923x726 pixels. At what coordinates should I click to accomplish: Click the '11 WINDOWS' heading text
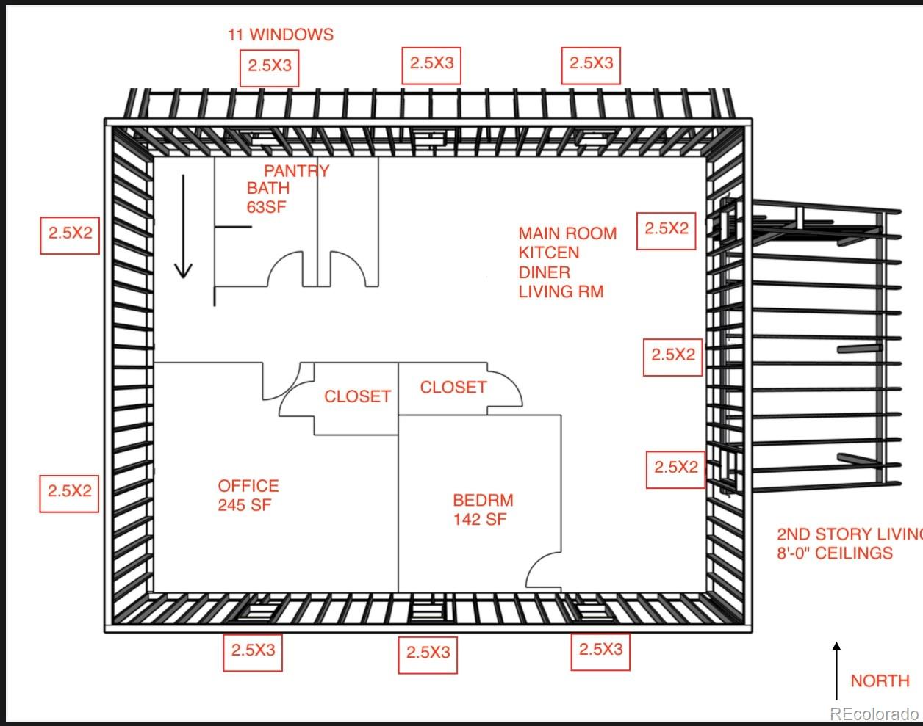tap(280, 35)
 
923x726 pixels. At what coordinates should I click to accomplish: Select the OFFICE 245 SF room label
tap(248, 496)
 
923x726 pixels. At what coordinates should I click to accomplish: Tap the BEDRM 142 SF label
tap(483, 510)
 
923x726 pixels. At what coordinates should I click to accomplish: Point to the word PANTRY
tap(297, 171)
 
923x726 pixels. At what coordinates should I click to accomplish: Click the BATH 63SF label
tap(267, 197)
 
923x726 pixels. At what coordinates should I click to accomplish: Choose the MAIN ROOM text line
tap(567, 233)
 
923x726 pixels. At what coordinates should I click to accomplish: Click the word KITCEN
tap(549, 253)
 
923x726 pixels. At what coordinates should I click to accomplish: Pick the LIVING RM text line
tap(561, 291)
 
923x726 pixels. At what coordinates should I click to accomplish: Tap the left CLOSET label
tap(357, 396)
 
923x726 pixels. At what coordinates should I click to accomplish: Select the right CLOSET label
tap(453, 387)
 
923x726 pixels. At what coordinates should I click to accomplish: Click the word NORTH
tap(880, 681)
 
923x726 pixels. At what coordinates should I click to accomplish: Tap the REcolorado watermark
tap(874, 713)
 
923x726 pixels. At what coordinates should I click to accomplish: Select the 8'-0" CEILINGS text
tap(835, 553)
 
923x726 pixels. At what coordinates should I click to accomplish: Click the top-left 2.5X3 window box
tap(270, 65)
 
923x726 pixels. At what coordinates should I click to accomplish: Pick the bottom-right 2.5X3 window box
tap(600, 650)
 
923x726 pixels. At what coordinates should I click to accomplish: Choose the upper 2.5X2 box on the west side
tap(70, 233)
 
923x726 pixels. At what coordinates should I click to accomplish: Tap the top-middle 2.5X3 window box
tap(431, 63)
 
